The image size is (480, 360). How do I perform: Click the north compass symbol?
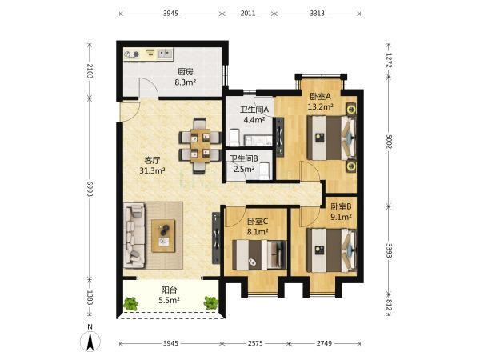click(90, 341)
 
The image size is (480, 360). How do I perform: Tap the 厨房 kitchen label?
click(186, 72)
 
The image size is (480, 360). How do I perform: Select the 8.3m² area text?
click(186, 82)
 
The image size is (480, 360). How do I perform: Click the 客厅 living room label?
click(152, 161)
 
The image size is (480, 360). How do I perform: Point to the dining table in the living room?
click(201, 145)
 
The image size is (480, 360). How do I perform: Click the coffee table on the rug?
click(163, 236)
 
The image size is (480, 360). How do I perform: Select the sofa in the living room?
click(134, 235)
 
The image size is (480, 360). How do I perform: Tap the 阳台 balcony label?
click(169, 290)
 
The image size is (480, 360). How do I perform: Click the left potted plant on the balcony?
click(131, 303)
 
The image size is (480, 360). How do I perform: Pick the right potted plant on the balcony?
click(211, 302)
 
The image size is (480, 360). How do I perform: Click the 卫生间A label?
click(254, 110)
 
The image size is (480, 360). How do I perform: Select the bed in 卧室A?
click(332, 138)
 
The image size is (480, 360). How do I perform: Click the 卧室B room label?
click(341, 206)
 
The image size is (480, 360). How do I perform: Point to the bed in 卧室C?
click(259, 255)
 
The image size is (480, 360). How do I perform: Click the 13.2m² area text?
click(321, 106)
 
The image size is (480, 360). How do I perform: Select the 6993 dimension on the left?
click(90, 189)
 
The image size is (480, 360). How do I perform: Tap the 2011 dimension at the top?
click(248, 14)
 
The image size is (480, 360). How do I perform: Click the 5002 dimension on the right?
click(389, 142)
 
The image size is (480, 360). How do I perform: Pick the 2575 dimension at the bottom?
click(255, 343)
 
